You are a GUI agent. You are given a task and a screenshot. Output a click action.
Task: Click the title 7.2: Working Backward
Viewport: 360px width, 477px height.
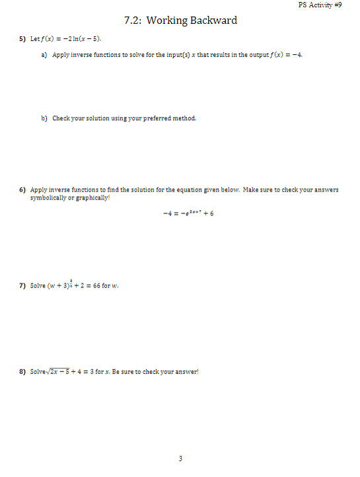pyautogui.click(x=180, y=20)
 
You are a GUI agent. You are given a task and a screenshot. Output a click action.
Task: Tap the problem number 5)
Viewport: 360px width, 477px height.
pyautogui.click(x=22, y=39)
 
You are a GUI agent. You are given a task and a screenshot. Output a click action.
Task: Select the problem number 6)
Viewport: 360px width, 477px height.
pyautogui.click(x=22, y=190)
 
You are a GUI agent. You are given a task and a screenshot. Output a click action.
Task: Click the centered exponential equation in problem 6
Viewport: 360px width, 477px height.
pyautogui.click(x=180, y=213)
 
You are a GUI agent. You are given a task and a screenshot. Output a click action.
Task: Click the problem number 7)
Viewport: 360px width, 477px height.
pyautogui.click(x=22, y=285)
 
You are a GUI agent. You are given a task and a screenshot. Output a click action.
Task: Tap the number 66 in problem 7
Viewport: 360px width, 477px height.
pyautogui.click(x=94, y=285)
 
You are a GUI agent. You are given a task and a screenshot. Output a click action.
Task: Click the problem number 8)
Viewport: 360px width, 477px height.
pyautogui.click(x=22, y=372)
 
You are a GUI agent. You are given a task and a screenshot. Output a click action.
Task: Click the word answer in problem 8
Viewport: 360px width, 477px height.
pyautogui.click(x=185, y=372)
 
